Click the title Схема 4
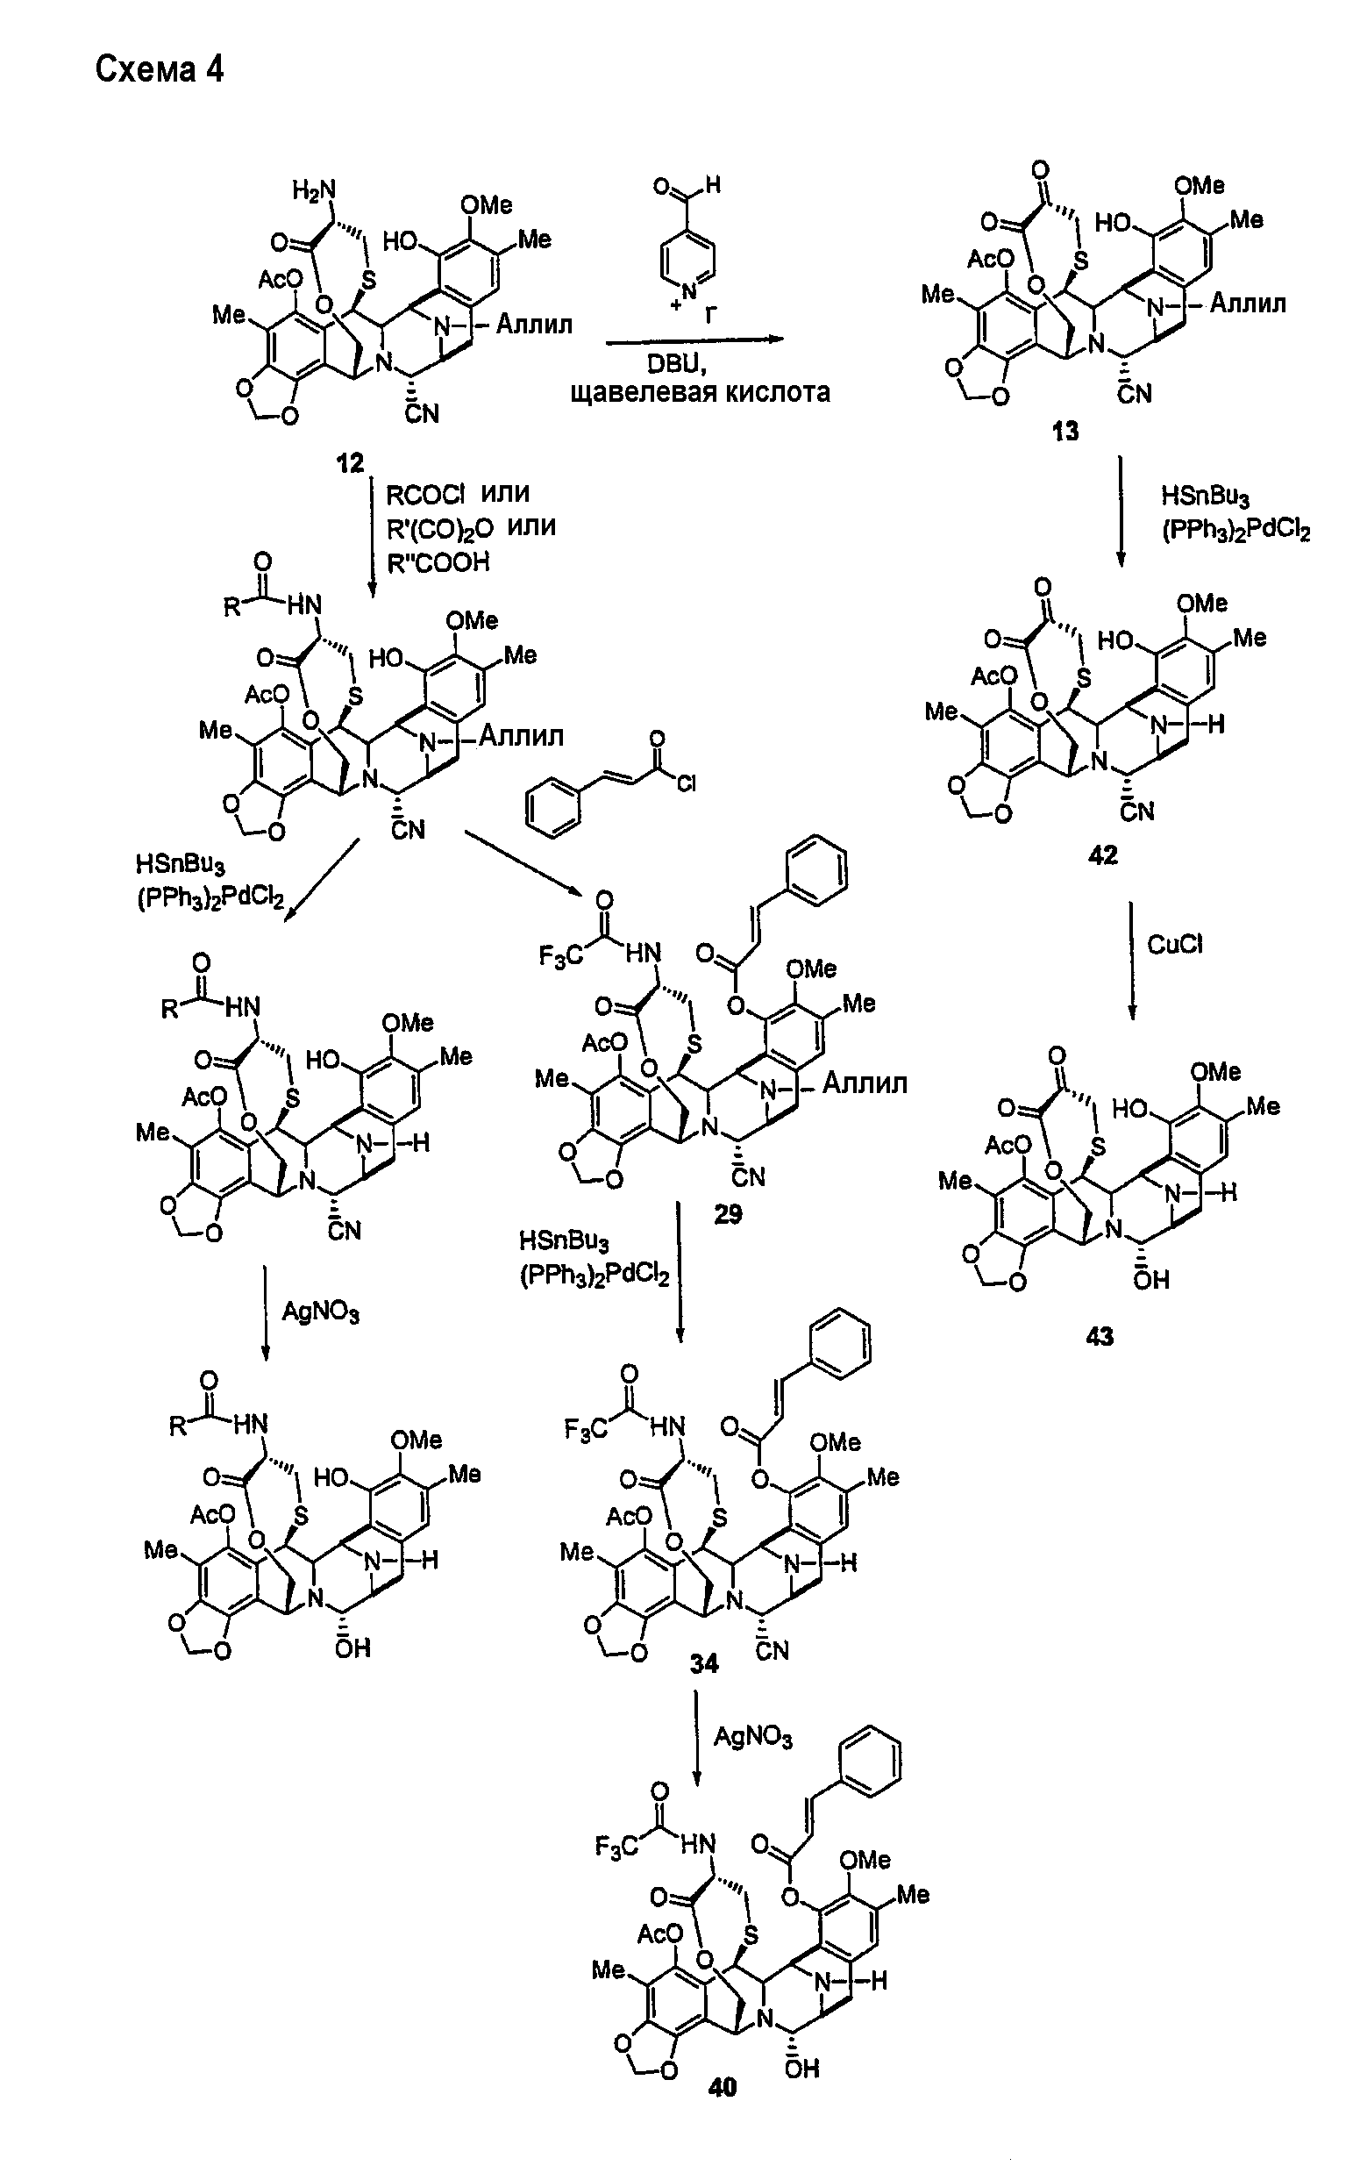click(x=160, y=69)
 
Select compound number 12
click(x=350, y=463)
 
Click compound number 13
click(x=1066, y=432)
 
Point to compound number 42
click(x=1103, y=854)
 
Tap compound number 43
click(x=1100, y=1337)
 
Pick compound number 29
click(x=728, y=1215)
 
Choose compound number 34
click(x=704, y=1664)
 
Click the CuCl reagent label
click(x=1175, y=944)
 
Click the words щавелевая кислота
click(x=700, y=393)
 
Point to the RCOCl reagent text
click(x=425, y=494)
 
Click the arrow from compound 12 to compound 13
click(x=694, y=340)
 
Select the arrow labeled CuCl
click(x=1131, y=960)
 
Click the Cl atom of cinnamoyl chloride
click(x=687, y=784)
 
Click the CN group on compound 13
click(x=1135, y=394)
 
